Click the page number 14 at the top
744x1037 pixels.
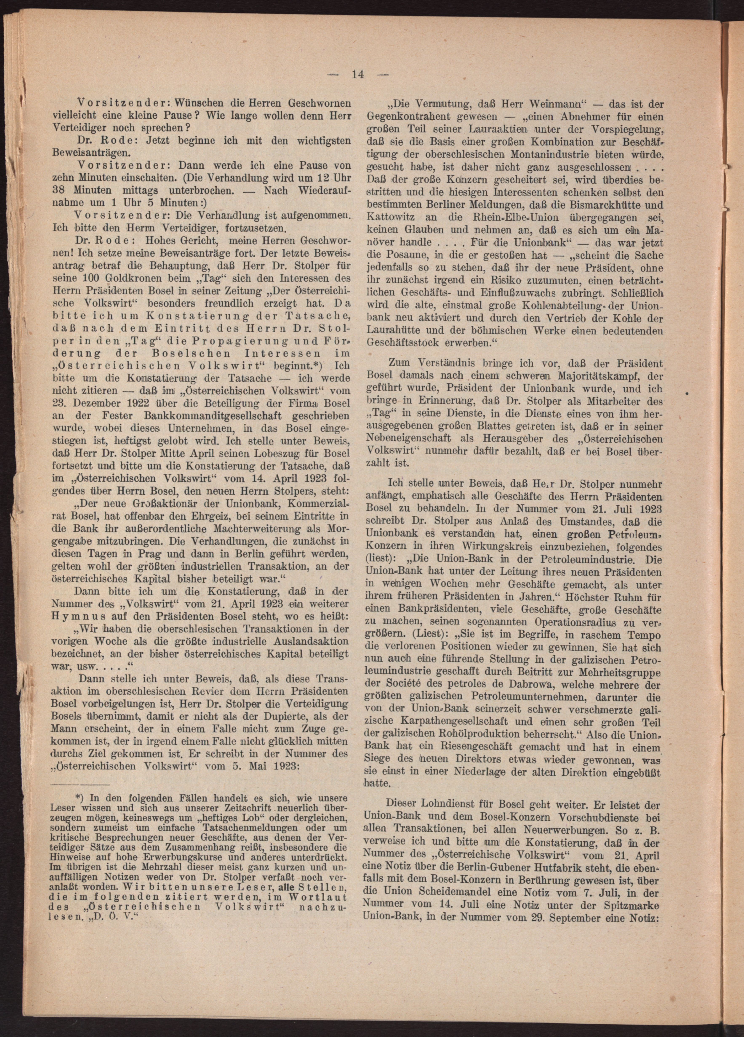point(357,75)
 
